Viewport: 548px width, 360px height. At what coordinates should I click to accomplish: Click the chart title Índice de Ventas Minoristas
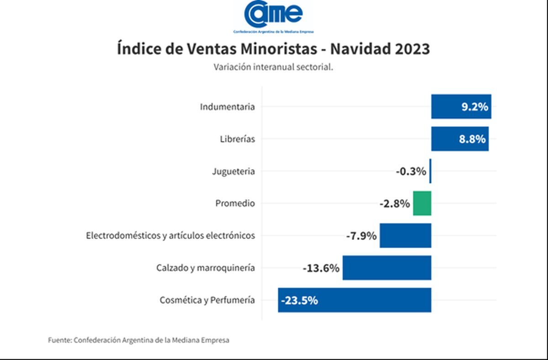pyautogui.click(x=273, y=49)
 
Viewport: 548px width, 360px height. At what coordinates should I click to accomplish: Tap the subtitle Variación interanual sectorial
pyautogui.click(x=273, y=67)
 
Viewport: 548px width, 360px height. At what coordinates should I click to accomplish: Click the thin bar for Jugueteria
pyautogui.click(x=430, y=172)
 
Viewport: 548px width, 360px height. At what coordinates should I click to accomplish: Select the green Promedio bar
pyautogui.click(x=422, y=203)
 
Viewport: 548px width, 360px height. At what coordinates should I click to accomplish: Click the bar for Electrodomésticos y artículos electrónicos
pyautogui.click(x=405, y=236)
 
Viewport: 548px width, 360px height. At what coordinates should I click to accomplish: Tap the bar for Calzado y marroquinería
pyautogui.click(x=386, y=268)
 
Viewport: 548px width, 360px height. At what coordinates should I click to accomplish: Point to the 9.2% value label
pyautogui.click(x=475, y=107)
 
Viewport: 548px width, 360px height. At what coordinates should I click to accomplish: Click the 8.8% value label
pyautogui.click(x=472, y=139)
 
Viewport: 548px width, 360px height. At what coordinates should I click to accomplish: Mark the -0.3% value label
pyautogui.click(x=411, y=172)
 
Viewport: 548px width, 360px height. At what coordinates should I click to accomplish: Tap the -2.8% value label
pyautogui.click(x=395, y=203)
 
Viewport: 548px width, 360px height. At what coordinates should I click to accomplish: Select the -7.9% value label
pyautogui.click(x=361, y=236)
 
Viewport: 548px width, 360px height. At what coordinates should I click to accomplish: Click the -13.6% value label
pyautogui.click(x=321, y=268)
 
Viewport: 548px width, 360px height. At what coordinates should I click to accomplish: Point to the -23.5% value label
pyautogui.click(x=300, y=300)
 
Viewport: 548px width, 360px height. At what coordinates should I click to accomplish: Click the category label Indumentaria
pyautogui.click(x=227, y=107)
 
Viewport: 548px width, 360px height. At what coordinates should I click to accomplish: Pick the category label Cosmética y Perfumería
pyautogui.click(x=207, y=300)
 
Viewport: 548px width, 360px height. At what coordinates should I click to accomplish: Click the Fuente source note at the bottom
pyautogui.click(x=139, y=340)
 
